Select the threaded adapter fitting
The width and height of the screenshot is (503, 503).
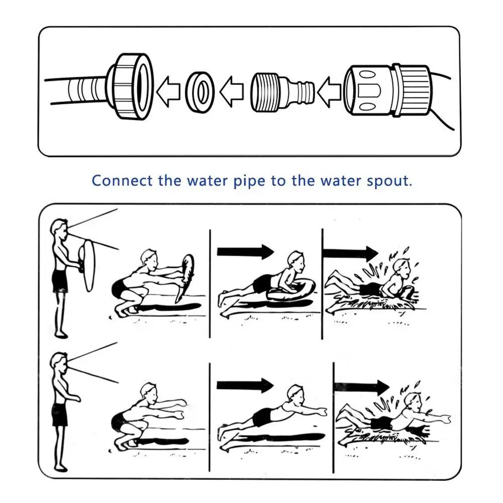[282, 91]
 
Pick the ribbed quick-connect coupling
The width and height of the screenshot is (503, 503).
[386, 90]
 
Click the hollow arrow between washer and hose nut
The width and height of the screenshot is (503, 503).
[168, 91]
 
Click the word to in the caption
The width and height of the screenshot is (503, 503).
[278, 180]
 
